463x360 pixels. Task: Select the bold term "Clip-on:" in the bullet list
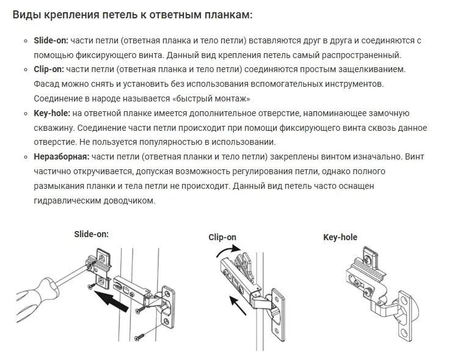click(x=48, y=70)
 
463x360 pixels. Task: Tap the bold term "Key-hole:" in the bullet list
click(x=51, y=114)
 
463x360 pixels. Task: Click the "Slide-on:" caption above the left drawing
click(x=91, y=233)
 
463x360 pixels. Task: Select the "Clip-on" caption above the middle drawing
click(x=222, y=237)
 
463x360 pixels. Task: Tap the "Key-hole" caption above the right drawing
click(x=340, y=237)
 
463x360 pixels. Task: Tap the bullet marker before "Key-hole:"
click(x=26, y=114)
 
